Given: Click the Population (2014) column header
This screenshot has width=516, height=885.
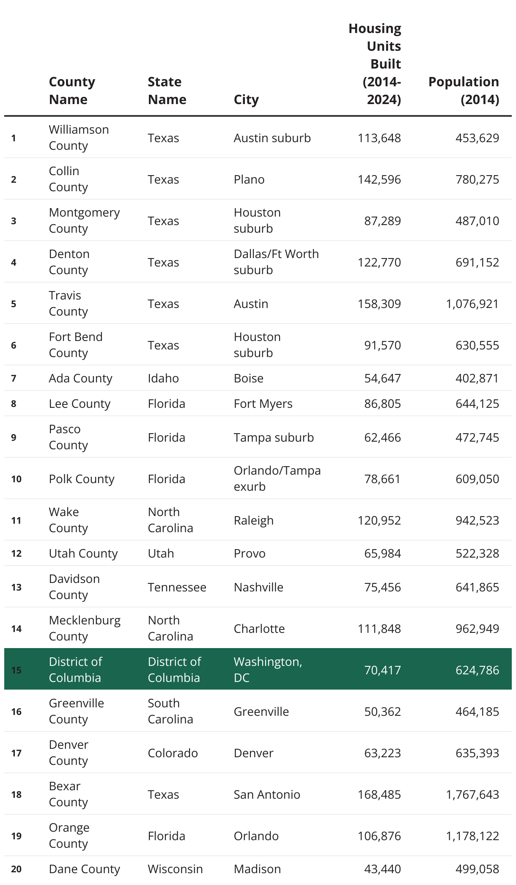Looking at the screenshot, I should click(x=464, y=91).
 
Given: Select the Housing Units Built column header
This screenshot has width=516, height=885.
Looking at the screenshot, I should click(x=375, y=64).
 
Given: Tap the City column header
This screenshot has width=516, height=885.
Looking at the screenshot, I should click(x=246, y=99).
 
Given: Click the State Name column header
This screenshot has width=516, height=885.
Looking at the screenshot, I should click(x=167, y=91).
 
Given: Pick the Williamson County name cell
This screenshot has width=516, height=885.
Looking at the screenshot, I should click(x=79, y=137).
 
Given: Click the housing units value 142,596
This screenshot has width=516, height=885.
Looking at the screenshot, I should click(x=379, y=179).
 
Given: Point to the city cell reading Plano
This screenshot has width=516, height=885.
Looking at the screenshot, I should click(x=249, y=179).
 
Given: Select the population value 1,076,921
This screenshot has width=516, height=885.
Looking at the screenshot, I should click(x=472, y=304).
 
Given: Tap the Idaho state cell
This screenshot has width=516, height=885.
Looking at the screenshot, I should click(x=163, y=378).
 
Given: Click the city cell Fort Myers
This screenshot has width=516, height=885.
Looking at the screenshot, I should click(x=263, y=404).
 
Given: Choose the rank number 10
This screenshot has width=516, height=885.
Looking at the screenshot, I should click(x=16, y=479).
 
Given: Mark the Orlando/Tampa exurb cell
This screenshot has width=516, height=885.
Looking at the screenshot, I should click(x=277, y=478).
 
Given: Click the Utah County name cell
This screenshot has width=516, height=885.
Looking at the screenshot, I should click(x=83, y=553).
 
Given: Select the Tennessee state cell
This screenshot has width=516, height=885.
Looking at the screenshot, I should click(x=177, y=587).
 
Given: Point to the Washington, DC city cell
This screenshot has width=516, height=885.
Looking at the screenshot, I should click(x=268, y=670).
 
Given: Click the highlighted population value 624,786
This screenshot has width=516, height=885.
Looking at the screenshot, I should click(x=477, y=670).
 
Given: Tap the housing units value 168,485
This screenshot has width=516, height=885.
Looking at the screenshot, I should click(x=379, y=794).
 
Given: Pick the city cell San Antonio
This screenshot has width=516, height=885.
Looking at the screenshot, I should click(x=267, y=794).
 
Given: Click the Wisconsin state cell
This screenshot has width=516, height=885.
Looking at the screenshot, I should click(x=175, y=869).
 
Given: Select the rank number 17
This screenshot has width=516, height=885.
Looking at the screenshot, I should click(x=16, y=753).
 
